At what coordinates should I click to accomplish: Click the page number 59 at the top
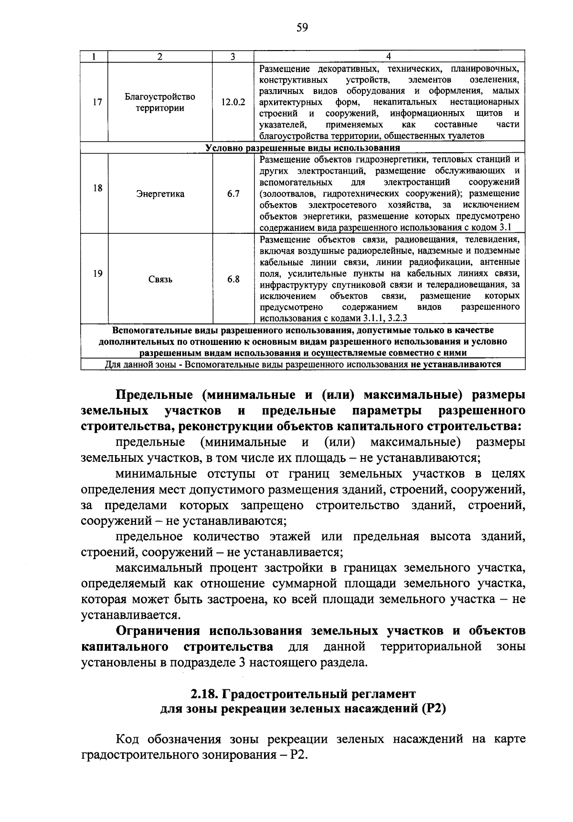[302, 28]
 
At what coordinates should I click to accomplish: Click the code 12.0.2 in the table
[233, 102]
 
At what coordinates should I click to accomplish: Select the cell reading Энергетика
[160, 194]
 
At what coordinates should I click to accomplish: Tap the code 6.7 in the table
[233, 194]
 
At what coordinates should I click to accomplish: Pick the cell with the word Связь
[160, 279]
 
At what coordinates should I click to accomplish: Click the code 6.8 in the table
[233, 279]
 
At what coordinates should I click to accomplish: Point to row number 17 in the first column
[97, 102]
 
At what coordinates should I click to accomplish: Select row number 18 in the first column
[97, 188]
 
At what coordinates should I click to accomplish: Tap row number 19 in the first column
[97, 273]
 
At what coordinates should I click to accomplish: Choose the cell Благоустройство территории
[160, 102]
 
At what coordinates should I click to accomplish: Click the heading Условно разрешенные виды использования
[302, 148]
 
